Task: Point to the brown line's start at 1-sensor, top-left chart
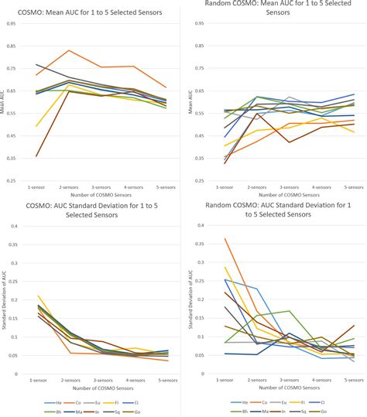pyautogui.click(x=36, y=156)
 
